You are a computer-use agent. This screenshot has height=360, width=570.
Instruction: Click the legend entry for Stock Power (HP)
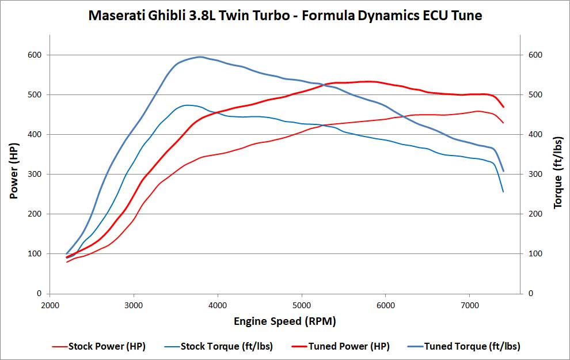point(107,346)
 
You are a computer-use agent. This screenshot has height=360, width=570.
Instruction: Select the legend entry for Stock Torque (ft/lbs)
point(226,346)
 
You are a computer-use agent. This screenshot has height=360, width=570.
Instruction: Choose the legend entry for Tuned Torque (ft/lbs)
point(472,346)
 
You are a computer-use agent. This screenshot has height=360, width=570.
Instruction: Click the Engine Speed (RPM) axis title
point(284,321)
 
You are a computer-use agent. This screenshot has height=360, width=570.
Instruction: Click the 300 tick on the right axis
point(536,174)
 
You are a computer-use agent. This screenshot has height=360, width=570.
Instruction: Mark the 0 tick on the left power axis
point(40,293)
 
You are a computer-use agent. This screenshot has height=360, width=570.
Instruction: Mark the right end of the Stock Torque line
point(503,191)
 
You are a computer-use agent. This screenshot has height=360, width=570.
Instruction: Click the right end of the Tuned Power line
point(503,107)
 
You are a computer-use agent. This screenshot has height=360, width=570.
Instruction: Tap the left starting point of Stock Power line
point(67,262)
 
